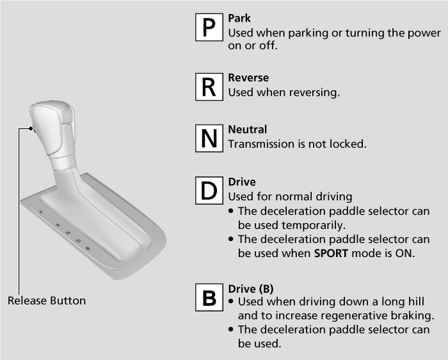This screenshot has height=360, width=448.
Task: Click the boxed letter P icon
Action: [x=209, y=27]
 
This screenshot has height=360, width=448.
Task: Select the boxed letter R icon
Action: [x=209, y=87]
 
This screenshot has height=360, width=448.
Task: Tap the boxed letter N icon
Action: [x=209, y=138]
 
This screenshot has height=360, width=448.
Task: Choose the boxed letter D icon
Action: [x=209, y=191]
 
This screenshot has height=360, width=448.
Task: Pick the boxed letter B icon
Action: [x=209, y=297]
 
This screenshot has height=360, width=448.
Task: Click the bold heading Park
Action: [x=239, y=19]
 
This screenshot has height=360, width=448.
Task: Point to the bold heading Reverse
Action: [x=248, y=77]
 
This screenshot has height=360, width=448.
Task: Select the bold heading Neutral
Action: [x=248, y=129]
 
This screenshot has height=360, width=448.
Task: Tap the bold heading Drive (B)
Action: [x=251, y=289]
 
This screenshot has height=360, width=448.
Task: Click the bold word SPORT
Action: [x=331, y=253]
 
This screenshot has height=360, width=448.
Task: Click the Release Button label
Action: [x=47, y=301]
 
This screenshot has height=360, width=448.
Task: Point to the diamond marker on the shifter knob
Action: [x=31, y=129]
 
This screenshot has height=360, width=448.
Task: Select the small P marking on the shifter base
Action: [x=41, y=212]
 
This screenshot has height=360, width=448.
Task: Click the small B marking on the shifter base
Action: [x=88, y=248]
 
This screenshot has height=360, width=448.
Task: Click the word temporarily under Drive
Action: [x=314, y=226]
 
